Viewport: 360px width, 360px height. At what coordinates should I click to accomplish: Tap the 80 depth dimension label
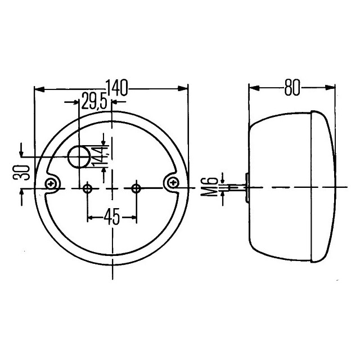292,87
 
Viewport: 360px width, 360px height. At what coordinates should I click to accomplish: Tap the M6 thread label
210,187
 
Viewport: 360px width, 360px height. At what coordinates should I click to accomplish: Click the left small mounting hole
87,188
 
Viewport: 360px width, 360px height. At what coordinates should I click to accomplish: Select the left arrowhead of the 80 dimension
253,87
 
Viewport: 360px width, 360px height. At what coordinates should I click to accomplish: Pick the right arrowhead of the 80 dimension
332,87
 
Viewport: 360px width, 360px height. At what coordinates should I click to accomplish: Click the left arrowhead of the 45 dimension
91,217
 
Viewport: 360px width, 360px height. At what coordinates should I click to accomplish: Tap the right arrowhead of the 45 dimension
133,217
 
